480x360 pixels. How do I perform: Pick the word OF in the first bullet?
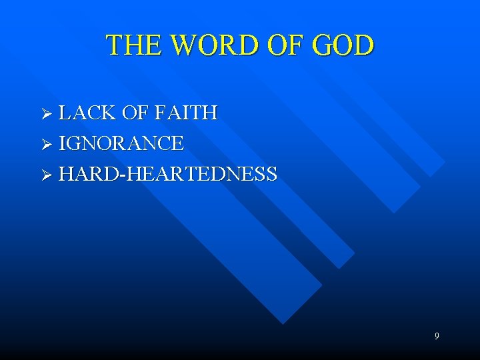136,113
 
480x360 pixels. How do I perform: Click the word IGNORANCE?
121,143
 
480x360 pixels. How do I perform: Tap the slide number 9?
437,336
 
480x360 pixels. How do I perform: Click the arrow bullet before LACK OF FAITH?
46,114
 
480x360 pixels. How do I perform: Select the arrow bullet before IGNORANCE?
46,144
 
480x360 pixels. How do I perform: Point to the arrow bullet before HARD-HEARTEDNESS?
46,175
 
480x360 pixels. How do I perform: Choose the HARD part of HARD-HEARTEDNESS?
90,174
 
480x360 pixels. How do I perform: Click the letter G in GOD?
323,45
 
